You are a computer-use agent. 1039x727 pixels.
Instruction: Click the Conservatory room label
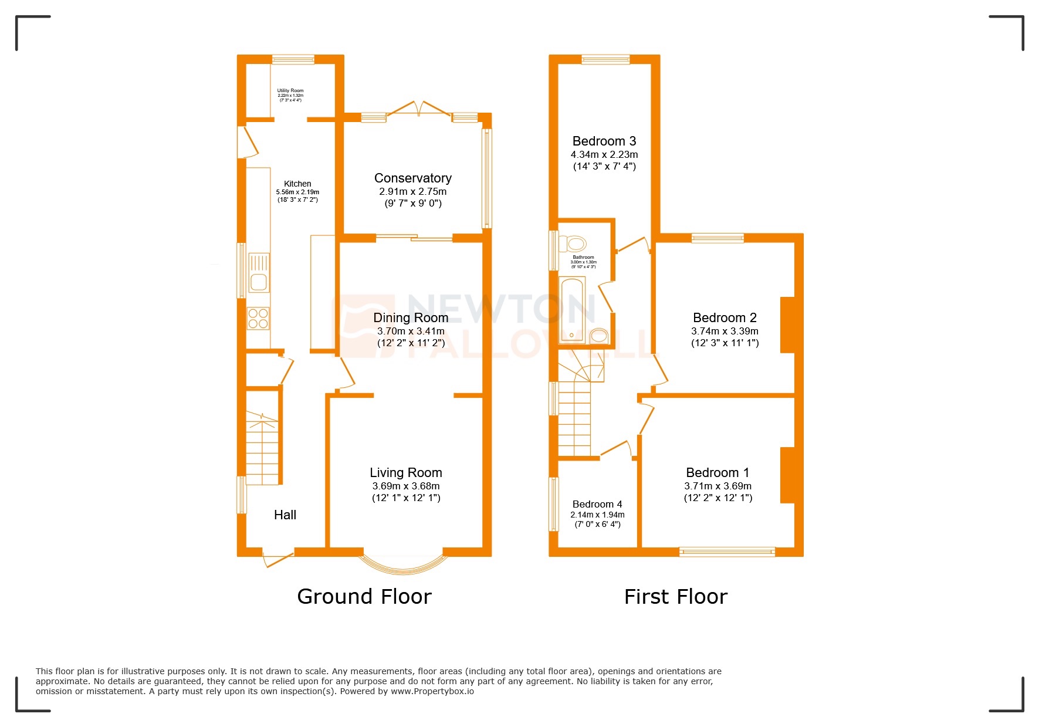(x=412, y=178)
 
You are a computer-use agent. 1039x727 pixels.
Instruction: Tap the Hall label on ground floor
(x=285, y=515)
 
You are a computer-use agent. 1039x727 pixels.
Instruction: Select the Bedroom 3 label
(x=604, y=141)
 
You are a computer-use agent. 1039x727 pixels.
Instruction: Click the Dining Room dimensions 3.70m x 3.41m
(x=410, y=331)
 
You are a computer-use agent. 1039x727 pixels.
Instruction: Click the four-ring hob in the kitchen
(x=258, y=318)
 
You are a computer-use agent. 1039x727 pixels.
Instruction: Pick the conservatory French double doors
(x=419, y=108)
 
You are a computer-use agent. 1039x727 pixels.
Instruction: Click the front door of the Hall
(x=278, y=558)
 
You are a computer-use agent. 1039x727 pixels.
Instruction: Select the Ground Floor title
(x=364, y=597)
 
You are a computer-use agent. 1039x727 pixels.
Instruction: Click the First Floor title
(x=675, y=597)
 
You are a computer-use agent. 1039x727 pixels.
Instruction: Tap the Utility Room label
(x=290, y=91)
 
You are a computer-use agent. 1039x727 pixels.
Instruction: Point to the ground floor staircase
(x=262, y=448)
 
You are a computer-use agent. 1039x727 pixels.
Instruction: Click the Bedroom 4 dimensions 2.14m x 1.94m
(x=597, y=515)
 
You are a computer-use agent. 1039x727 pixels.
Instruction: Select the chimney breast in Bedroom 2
(x=787, y=325)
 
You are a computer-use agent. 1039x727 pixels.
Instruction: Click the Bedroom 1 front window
(x=727, y=552)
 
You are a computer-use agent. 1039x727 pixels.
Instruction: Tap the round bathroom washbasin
(x=598, y=336)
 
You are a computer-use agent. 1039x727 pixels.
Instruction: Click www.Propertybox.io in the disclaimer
(x=432, y=691)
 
